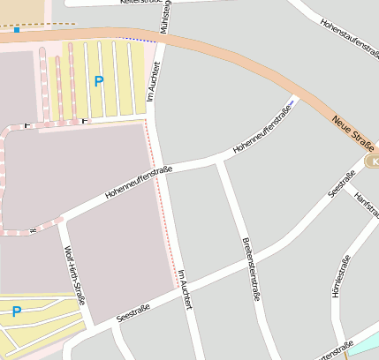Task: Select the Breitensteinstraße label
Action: click(249, 269)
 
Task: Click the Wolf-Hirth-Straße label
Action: click(74, 275)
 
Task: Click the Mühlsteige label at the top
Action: click(164, 17)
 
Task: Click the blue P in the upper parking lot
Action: click(98, 81)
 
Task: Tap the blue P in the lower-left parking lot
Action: click(16, 311)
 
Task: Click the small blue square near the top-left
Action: click(16, 30)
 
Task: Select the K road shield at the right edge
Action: click(374, 162)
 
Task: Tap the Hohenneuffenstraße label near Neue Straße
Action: click(262, 130)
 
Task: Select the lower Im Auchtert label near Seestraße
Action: click(185, 289)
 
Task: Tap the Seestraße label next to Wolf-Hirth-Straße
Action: click(133, 312)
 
